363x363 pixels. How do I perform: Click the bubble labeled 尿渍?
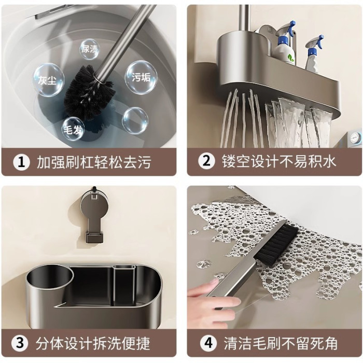89,49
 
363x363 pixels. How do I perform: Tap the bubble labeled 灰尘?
48,80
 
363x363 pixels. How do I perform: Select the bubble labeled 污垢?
141,77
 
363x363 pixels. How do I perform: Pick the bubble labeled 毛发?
73,129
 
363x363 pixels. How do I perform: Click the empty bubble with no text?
135,120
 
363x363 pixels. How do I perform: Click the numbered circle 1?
21,162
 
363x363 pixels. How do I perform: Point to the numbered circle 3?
20,343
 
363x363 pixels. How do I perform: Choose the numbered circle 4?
208,343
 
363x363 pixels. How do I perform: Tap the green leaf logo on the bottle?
290,58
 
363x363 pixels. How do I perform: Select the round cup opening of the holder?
50,278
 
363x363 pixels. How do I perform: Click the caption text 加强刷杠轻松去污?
94,162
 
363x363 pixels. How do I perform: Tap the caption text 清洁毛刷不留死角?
281,343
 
